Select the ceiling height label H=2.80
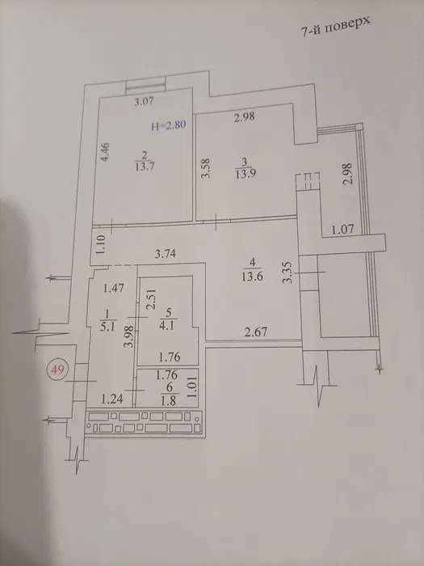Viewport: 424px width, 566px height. (169, 126)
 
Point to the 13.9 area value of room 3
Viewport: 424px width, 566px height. (246, 174)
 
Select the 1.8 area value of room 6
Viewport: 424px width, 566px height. (169, 401)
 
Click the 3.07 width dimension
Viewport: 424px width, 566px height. (144, 101)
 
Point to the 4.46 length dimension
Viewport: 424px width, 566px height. (104, 152)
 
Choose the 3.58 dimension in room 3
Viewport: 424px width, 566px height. (205, 168)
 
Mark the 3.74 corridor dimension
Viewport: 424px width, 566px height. (165, 254)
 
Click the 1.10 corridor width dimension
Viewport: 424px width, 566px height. (101, 244)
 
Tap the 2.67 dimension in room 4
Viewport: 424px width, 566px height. (256, 332)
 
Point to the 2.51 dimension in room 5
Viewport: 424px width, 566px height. (152, 299)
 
